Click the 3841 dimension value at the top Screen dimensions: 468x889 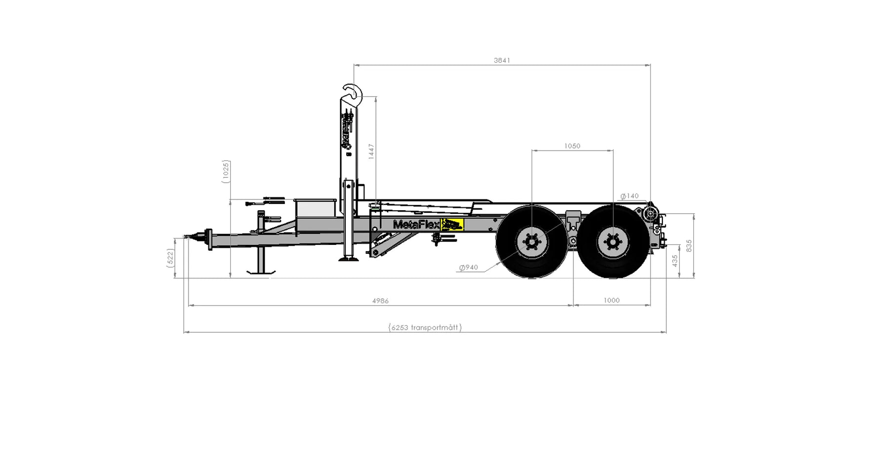click(x=502, y=60)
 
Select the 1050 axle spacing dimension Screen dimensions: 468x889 click(x=572, y=146)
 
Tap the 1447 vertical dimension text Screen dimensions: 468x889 click(x=371, y=151)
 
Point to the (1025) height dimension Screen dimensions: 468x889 click(x=226, y=172)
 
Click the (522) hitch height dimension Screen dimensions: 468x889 click(x=170, y=258)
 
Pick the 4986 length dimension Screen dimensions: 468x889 click(x=380, y=301)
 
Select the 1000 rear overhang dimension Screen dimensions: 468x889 click(x=611, y=300)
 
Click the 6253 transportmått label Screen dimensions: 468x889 click(x=425, y=327)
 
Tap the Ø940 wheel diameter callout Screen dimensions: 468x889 click(x=469, y=268)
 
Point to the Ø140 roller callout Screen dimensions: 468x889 click(x=630, y=196)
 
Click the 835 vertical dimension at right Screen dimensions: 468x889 click(x=689, y=245)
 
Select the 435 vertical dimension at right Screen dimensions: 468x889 click(x=675, y=261)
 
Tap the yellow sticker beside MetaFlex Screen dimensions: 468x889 click(x=452, y=225)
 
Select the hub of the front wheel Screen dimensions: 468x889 click(x=532, y=242)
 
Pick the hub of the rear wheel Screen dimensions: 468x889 click(x=613, y=242)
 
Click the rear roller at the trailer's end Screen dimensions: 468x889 click(x=650, y=214)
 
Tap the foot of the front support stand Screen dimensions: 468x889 click(x=261, y=271)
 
